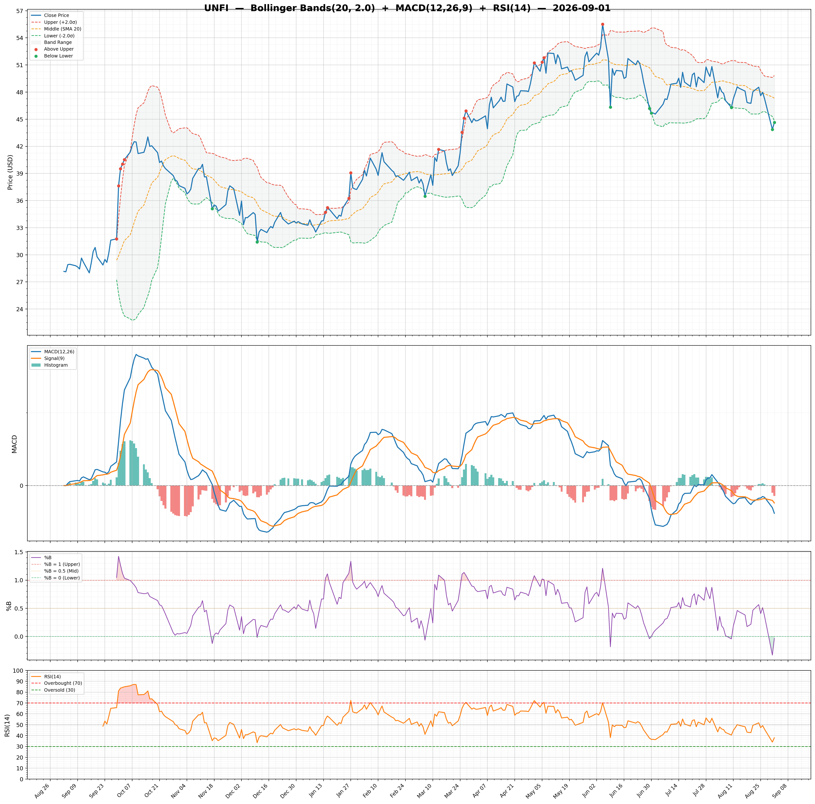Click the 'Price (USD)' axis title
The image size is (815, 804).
click(10, 172)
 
